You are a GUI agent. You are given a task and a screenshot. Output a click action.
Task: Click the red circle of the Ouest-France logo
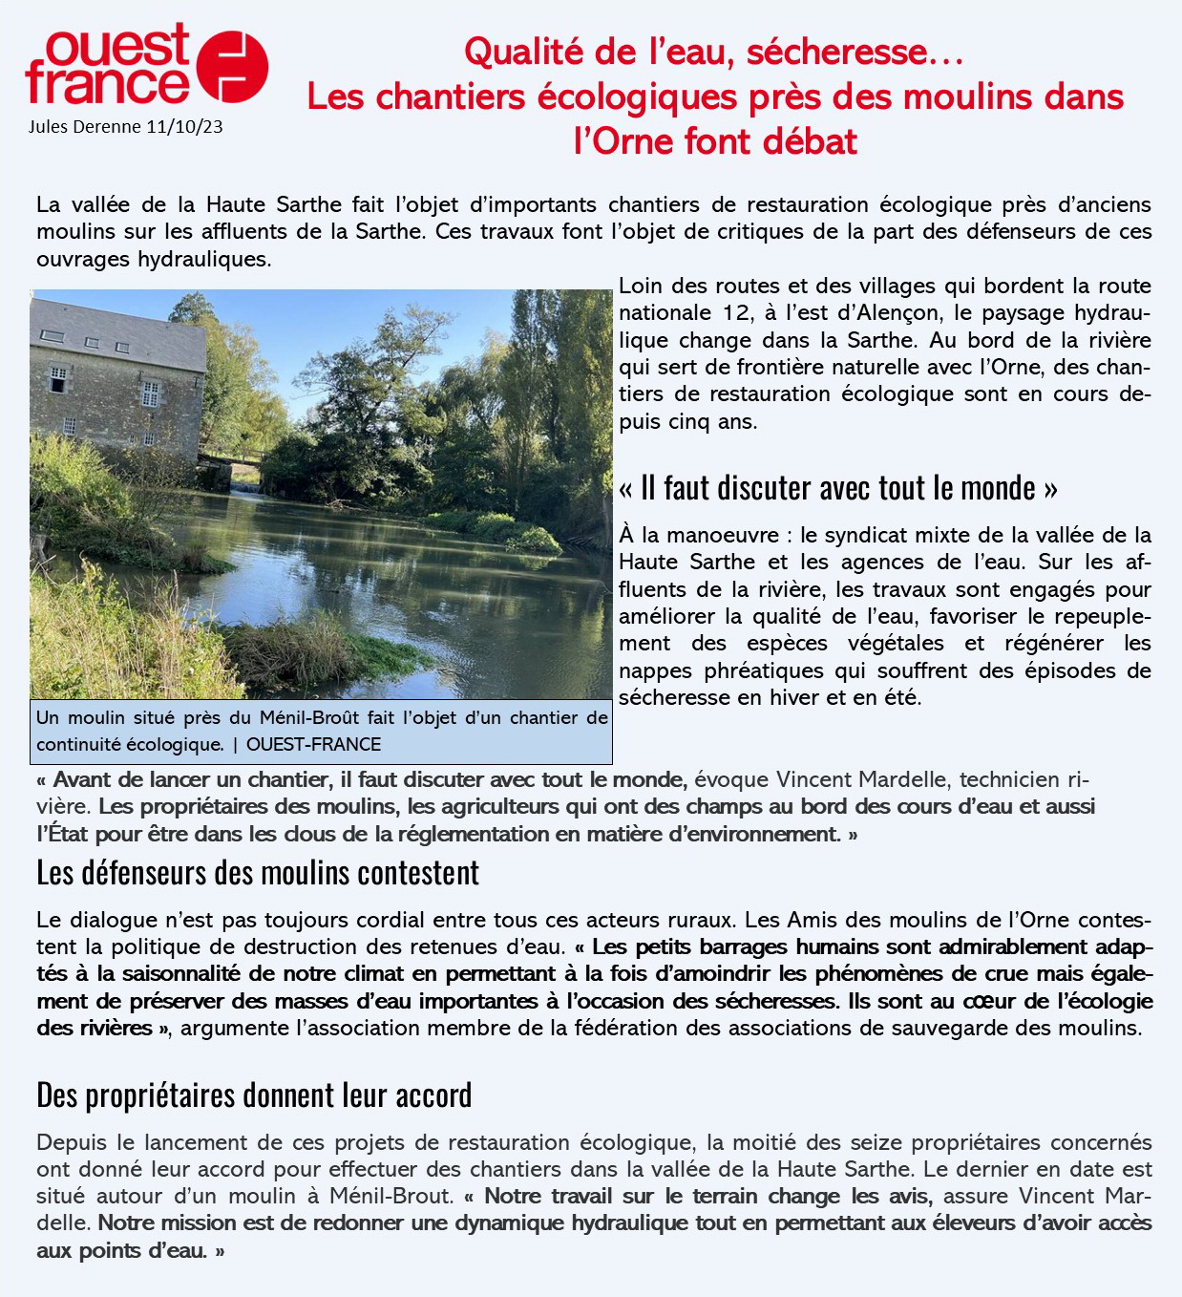point(232,65)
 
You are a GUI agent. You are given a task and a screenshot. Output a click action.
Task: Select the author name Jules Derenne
point(85,126)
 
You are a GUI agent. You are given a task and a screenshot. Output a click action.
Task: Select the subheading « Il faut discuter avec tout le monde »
point(837,488)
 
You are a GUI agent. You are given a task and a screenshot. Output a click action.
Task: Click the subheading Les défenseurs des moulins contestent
point(258,872)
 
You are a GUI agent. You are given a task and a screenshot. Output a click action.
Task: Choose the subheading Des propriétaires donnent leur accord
point(254,1095)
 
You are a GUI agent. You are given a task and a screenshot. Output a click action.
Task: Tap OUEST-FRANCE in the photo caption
point(313,744)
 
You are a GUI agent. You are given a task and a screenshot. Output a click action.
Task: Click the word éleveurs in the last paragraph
point(943,1223)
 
